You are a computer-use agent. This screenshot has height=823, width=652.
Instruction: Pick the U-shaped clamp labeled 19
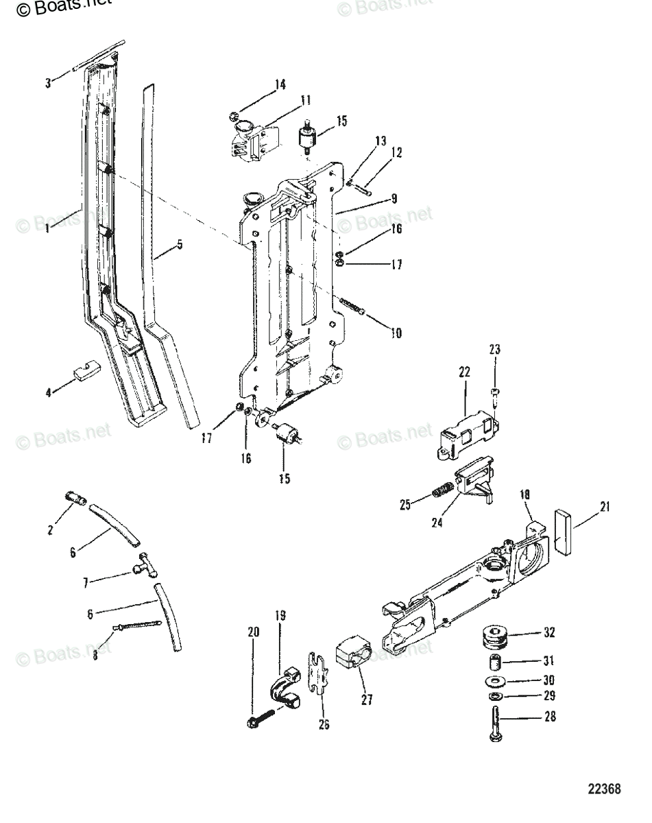tap(290, 690)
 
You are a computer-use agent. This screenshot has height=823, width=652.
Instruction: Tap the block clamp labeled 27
tap(354, 658)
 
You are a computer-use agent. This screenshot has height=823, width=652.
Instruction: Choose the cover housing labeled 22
tap(467, 437)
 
